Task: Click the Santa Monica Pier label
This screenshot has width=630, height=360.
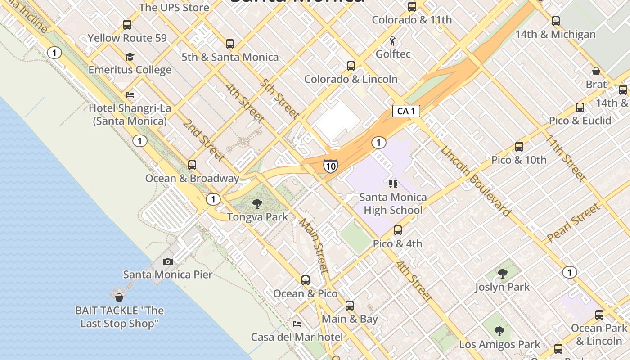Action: pyautogui.click(x=168, y=274)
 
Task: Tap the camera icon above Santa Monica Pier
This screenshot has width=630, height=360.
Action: pyautogui.click(x=168, y=261)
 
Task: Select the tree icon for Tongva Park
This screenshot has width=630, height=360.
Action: pyautogui.click(x=257, y=204)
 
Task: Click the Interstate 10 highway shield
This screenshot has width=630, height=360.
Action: pyautogui.click(x=330, y=166)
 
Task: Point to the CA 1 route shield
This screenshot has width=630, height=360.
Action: pyautogui.click(x=406, y=111)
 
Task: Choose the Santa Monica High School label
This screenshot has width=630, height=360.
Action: pyautogui.click(x=393, y=204)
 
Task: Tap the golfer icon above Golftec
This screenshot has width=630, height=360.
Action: pyautogui.click(x=393, y=41)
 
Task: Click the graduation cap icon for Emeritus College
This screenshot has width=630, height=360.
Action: pyautogui.click(x=130, y=57)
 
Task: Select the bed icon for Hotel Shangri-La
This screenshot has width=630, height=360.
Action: pyautogui.click(x=130, y=95)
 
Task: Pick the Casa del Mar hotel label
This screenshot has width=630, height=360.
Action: pyautogui.click(x=297, y=337)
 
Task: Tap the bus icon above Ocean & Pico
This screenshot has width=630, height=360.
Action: pyautogui.click(x=306, y=280)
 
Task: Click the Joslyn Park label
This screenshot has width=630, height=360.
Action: pyautogui.click(x=502, y=287)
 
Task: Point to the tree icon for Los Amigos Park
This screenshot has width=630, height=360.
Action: pyautogui.click(x=499, y=332)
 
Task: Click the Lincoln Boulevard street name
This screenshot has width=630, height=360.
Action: pyautogui.click(x=476, y=181)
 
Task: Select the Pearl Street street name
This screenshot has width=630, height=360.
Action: pyautogui.click(x=573, y=223)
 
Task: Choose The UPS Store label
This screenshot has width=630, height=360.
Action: pyautogui.click(x=174, y=8)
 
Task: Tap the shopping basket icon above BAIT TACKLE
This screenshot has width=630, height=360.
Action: pyautogui.click(x=119, y=297)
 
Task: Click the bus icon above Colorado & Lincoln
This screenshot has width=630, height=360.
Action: pyautogui.click(x=351, y=66)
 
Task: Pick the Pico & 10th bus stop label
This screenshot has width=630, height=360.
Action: pyautogui.click(x=519, y=160)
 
